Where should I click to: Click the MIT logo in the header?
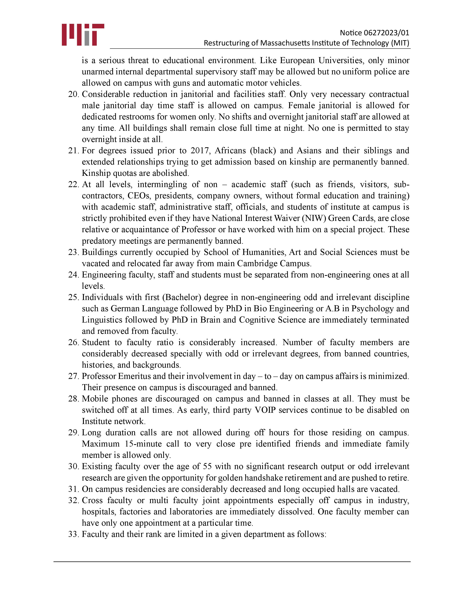[x=83, y=35]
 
